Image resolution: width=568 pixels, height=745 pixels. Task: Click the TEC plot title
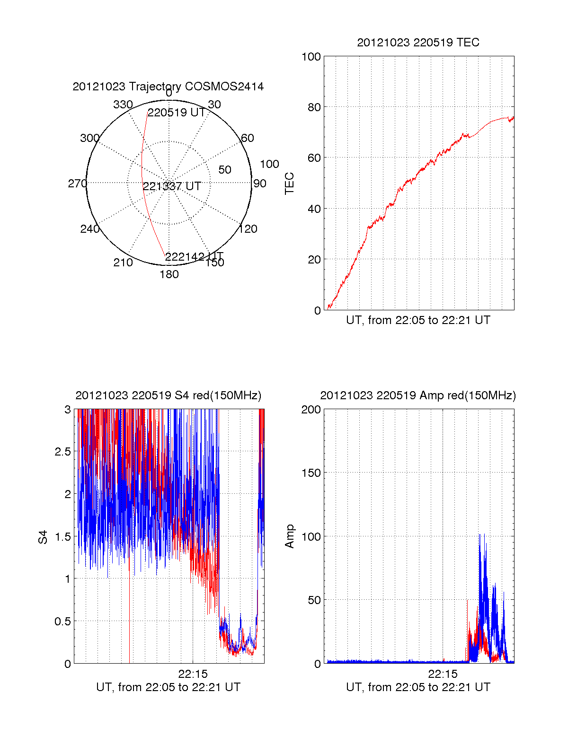click(418, 43)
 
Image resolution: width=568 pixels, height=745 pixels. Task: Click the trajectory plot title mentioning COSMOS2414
click(168, 87)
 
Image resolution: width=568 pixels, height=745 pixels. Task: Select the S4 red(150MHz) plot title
click(168, 395)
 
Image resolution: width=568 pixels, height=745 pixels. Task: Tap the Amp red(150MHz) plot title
click(418, 395)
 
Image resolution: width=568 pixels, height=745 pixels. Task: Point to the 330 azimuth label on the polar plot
click(123, 105)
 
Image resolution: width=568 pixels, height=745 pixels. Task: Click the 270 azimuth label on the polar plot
click(77, 184)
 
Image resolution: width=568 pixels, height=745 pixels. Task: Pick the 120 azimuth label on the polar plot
click(248, 229)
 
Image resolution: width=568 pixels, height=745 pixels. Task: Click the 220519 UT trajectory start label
click(176, 113)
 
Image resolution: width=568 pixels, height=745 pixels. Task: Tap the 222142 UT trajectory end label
click(194, 257)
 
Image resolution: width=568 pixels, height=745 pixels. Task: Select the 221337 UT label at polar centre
click(172, 186)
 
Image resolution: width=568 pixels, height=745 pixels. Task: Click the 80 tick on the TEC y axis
click(314, 107)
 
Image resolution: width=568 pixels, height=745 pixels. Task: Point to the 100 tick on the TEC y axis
click(311, 57)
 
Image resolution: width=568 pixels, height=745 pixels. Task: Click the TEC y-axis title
click(290, 183)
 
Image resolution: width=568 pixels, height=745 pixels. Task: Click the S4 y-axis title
click(43, 537)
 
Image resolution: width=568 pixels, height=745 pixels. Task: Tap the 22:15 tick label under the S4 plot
click(193, 674)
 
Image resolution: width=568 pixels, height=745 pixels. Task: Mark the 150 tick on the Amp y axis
click(311, 473)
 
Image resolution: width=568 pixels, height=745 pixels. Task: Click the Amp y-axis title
click(290, 536)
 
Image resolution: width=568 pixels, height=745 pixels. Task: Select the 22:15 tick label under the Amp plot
click(443, 674)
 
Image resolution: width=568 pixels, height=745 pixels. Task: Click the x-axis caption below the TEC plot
click(418, 320)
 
